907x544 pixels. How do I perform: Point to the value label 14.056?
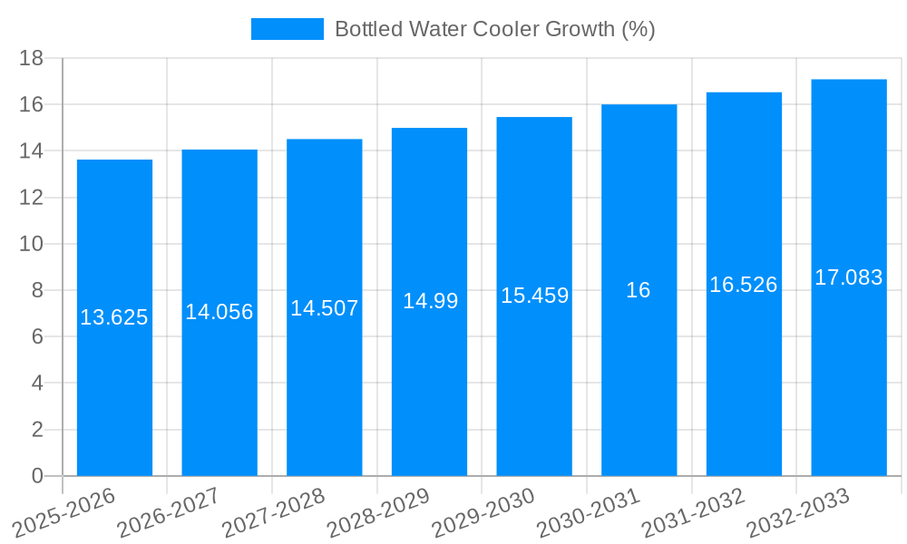(219, 312)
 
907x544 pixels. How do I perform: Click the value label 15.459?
(534, 296)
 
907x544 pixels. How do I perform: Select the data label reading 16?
(639, 290)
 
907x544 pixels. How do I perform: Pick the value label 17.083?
(849, 277)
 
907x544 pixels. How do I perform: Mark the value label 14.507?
(325, 308)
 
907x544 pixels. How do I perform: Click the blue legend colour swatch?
(287, 29)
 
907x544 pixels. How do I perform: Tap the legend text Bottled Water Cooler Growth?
(494, 29)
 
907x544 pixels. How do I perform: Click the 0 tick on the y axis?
(37, 476)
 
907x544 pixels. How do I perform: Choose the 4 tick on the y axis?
(37, 384)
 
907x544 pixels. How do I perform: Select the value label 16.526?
(744, 285)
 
